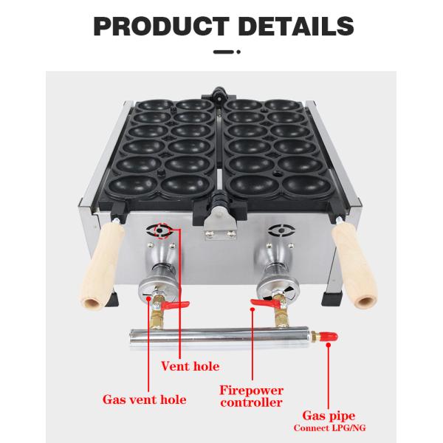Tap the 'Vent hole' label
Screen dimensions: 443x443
coord(190,365)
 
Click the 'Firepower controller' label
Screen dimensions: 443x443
coord(251,396)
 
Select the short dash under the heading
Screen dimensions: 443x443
coord(221,52)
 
